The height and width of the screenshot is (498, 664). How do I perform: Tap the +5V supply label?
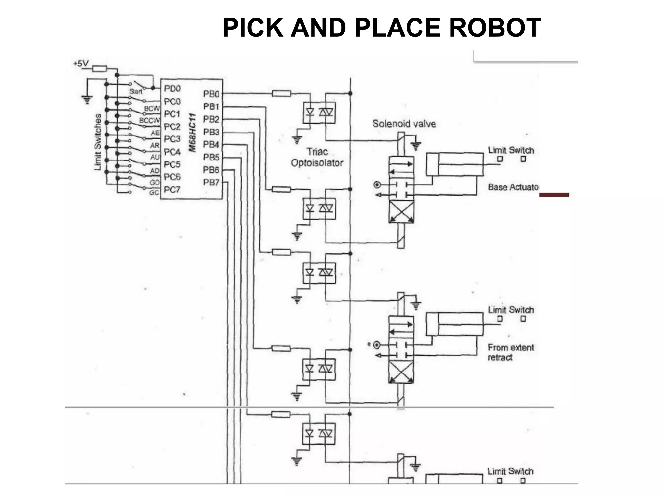pyautogui.click(x=80, y=64)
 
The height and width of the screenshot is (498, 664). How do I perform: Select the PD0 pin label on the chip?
pyautogui.click(x=172, y=89)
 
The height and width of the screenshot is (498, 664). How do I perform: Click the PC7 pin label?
pyautogui.click(x=172, y=189)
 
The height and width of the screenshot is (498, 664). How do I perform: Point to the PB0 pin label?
pyautogui.click(x=211, y=94)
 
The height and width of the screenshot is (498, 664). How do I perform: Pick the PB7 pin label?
pyautogui.click(x=211, y=183)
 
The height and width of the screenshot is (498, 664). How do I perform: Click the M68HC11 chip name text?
pyautogui.click(x=193, y=133)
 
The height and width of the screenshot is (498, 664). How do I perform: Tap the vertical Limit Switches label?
pyautogui.click(x=98, y=142)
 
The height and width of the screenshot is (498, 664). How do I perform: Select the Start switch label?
pyautogui.click(x=136, y=92)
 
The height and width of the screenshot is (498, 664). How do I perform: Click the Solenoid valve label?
pyautogui.click(x=404, y=124)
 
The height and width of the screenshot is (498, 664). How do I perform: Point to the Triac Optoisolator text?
pyautogui.click(x=317, y=157)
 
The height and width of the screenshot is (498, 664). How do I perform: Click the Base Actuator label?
pyautogui.click(x=513, y=187)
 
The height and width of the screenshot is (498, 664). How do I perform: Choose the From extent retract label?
pyautogui.click(x=510, y=352)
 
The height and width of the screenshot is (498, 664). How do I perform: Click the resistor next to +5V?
pyautogui.click(x=100, y=69)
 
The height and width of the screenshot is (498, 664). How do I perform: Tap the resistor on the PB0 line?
pyautogui.click(x=281, y=94)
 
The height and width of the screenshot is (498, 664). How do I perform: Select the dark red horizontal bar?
pyautogui.click(x=554, y=195)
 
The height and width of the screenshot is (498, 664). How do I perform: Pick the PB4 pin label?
pyautogui.click(x=211, y=144)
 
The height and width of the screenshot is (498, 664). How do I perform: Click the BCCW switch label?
pyautogui.click(x=149, y=120)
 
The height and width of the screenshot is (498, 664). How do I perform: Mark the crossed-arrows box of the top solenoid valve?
pyautogui.click(x=401, y=212)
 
